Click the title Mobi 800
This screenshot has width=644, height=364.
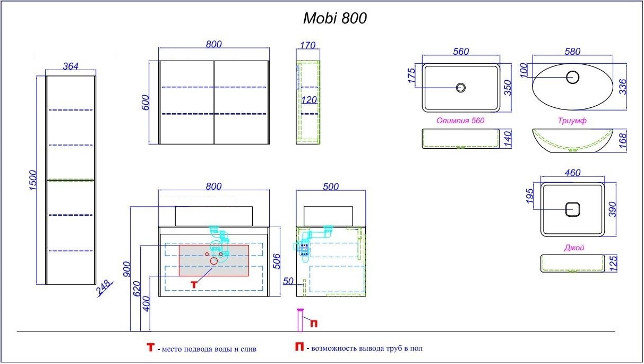point(334,19)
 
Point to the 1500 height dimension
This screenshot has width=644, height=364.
point(32,181)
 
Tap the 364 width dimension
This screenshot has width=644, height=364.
point(71,66)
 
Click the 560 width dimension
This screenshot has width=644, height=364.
point(461,51)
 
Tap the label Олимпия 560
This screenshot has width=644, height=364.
point(460,121)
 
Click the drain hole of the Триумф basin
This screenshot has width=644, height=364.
point(572,77)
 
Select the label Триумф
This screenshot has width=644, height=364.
point(572,121)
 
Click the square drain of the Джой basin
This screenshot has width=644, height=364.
point(572,209)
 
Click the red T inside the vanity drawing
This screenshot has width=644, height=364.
point(194,284)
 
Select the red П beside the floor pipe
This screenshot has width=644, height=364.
point(314,323)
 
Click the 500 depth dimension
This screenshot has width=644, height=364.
point(331,187)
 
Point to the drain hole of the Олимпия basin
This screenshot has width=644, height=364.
point(461,87)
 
